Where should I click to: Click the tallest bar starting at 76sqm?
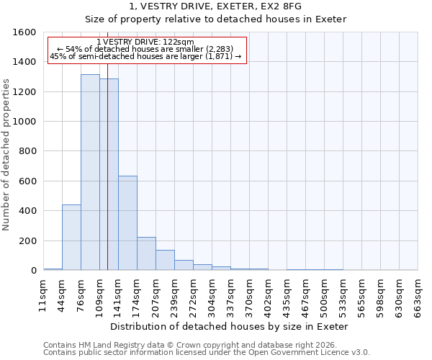click(x=90, y=172)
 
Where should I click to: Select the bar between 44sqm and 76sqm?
click(x=71, y=238)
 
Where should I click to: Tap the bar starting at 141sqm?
click(x=127, y=223)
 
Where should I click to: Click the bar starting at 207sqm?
click(x=165, y=260)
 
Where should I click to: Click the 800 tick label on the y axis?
click(x=27, y=152)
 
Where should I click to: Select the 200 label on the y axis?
click(x=27, y=241)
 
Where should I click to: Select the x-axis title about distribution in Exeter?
click(x=230, y=326)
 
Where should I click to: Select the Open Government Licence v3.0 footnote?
click(x=207, y=352)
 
